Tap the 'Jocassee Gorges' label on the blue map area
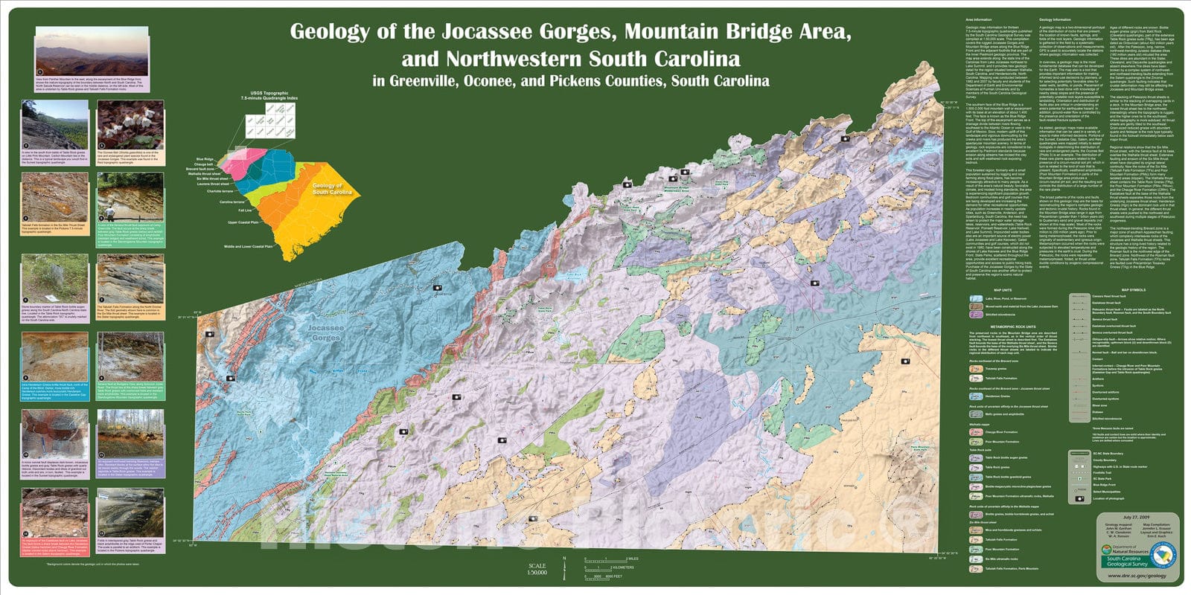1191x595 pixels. pyautogui.click(x=325, y=332)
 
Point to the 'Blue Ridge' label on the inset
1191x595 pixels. pyautogui.click(x=205, y=159)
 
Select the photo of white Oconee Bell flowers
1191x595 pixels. pyautogui.click(x=130, y=126)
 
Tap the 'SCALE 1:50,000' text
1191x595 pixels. pyautogui.click(x=536, y=569)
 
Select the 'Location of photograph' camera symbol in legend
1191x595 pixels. pyautogui.click(x=1078, y=499)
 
